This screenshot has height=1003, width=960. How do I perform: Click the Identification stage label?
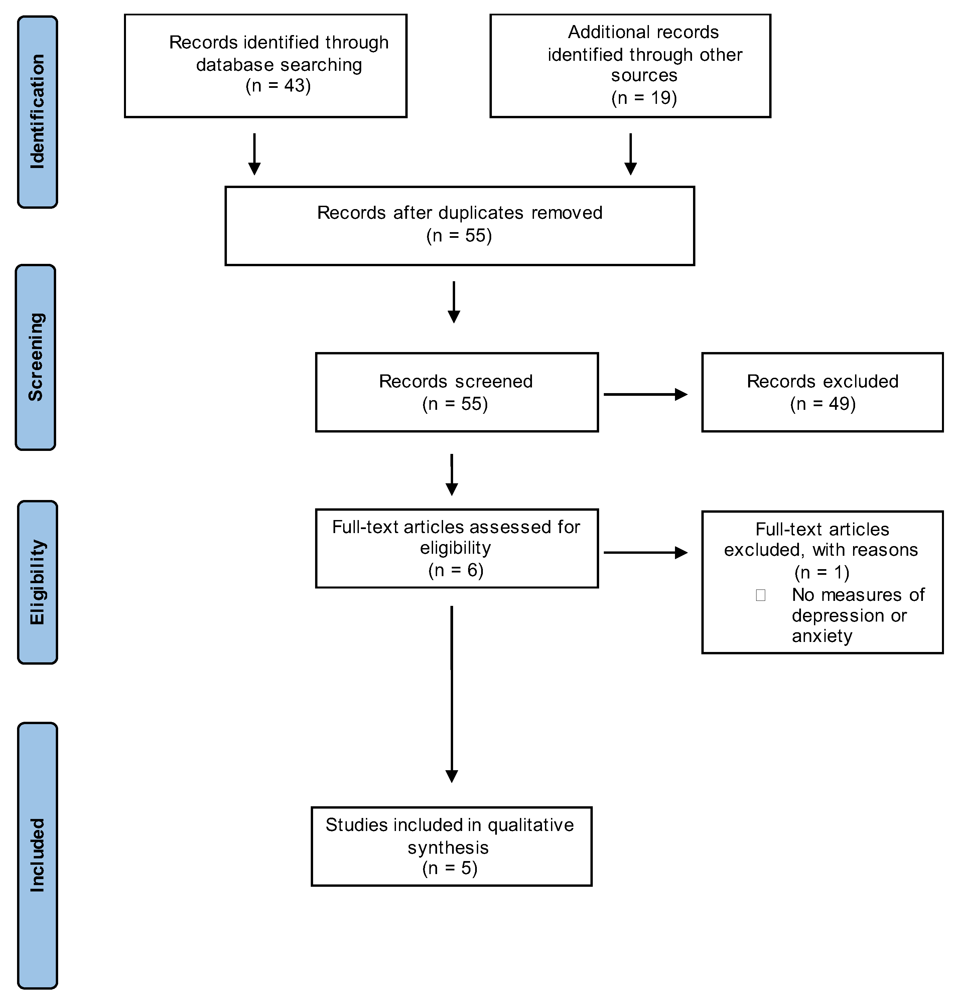point(37,112)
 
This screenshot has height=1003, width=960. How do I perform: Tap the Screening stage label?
point(36,357)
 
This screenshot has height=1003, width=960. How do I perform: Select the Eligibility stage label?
point(37,582)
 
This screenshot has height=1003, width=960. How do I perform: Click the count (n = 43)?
point(278,86)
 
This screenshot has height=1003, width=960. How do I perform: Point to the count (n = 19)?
point(644,98)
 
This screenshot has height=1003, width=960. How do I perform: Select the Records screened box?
point(457,392)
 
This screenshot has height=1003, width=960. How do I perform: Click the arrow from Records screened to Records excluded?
point(646,394)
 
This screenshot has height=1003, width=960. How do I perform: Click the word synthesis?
point(448,848)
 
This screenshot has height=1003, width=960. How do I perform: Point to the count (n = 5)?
point(450,868)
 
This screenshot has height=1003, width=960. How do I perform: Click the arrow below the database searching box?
point(254,154)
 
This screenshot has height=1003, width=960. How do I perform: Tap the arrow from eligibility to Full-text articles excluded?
point(646,552)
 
